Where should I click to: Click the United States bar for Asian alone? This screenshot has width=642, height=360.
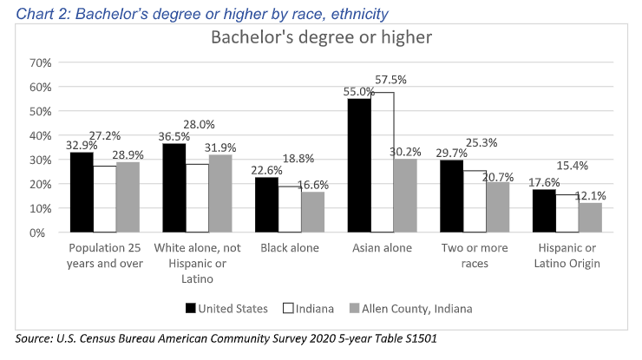coord(359,166)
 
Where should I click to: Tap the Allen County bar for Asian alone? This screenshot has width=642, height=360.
coord(405,196)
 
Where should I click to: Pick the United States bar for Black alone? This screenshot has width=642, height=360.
coord(266,205)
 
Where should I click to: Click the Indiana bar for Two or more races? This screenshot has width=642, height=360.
coord(475,201)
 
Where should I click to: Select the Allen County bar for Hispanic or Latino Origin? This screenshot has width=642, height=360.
coord(590,218)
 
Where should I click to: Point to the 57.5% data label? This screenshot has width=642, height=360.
coord(389,79)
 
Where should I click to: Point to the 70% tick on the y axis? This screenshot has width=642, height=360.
coord(42,62)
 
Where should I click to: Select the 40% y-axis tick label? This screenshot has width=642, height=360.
coord(42,135)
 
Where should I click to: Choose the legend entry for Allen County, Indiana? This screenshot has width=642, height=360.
coord(417,308)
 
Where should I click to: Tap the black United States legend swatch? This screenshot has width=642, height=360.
coord(190,308)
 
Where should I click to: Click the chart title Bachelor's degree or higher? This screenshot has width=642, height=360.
coord(322,39)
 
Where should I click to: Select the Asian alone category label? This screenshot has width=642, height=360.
coord(382,248)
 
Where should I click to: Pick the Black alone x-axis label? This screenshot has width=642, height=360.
coord(289,248)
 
